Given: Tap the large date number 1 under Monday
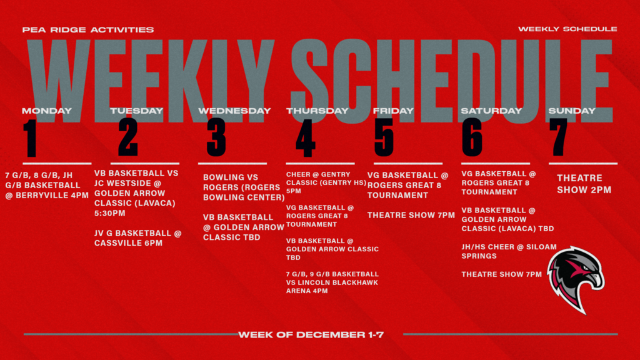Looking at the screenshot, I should pos(31,138).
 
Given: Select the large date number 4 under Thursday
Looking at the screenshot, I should pos(305,138).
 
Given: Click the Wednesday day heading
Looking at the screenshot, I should pos(234,111).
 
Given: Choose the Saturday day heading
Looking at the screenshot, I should pos(491,111).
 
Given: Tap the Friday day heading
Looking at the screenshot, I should pos(393,111).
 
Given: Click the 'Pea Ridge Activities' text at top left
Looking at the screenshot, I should pos(87,29).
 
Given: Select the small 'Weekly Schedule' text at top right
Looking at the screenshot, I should pos(567,29).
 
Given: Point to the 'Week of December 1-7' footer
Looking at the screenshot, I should pos(311,334).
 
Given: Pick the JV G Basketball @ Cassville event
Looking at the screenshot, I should pos(138,237).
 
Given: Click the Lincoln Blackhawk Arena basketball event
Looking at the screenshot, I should pos(332,282).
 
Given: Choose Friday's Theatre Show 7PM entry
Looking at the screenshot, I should pos(411,216).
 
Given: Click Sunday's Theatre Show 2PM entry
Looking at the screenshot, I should pos(584,184).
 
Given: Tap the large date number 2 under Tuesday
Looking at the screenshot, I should pos(127,138).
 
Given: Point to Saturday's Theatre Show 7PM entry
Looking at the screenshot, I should pos(501,274).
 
